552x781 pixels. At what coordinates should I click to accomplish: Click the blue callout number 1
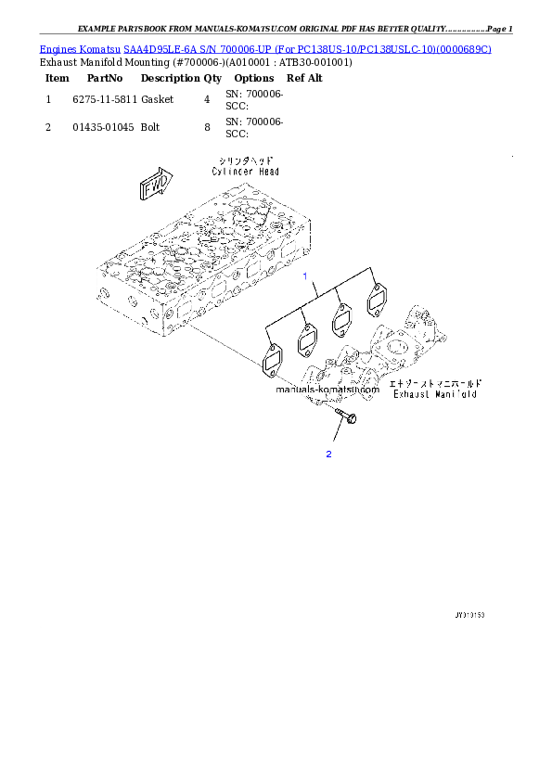302,276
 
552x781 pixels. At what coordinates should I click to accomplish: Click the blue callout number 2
328,454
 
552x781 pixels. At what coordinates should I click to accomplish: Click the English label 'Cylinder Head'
245,172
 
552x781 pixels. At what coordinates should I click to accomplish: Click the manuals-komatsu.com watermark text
327,390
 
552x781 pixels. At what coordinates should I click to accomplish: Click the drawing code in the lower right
470,615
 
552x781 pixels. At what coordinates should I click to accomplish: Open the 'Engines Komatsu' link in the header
82,47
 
